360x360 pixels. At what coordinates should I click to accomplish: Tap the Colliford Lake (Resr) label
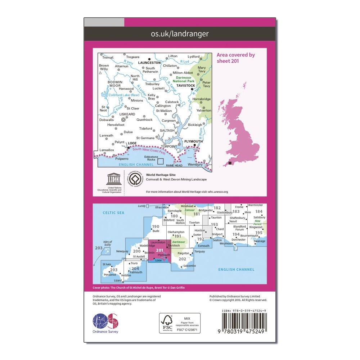point(118,95)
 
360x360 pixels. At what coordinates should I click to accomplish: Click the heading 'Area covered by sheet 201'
point(235,58)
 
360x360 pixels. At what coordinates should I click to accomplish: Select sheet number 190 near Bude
point(155,227)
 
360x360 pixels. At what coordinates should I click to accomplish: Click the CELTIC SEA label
point(113,213)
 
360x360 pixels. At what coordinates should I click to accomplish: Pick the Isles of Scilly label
point(107,243)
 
